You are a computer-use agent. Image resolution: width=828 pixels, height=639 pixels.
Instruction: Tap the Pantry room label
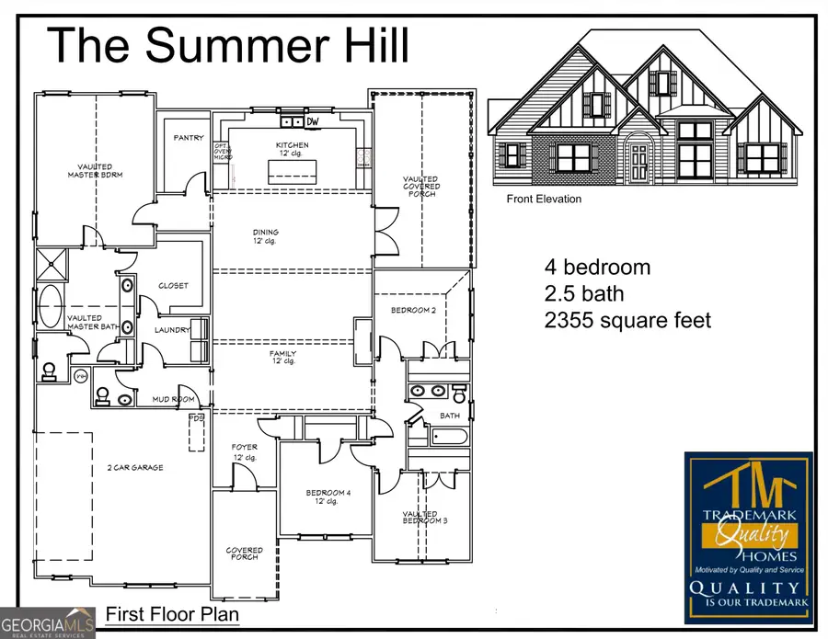click(189, 138)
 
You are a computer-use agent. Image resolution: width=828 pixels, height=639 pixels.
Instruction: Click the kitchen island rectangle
click(292, 172)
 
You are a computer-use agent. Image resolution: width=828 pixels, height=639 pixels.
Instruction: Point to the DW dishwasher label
click(313, 121)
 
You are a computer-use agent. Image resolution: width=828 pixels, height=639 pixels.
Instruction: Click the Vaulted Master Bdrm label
click(95, 170)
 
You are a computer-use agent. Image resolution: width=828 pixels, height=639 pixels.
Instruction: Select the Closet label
click(173, 286)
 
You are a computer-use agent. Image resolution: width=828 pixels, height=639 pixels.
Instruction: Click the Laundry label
click(172, 330)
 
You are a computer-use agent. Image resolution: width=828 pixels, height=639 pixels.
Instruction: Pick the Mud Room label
click(173, 400)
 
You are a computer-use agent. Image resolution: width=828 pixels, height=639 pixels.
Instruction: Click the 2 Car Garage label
click(134, 468)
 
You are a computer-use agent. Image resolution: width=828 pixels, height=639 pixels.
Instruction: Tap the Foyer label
click(244, 451)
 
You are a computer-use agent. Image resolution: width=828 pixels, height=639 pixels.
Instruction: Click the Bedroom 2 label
click(412, 311)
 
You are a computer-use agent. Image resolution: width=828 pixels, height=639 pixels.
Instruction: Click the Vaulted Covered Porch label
click(421, 187)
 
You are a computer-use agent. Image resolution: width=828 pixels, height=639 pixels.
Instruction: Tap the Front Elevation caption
click(544, 199)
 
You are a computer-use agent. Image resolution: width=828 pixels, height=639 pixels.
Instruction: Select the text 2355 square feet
click(627, 321)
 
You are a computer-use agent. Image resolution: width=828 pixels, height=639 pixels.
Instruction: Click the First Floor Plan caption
click(172, 613)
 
